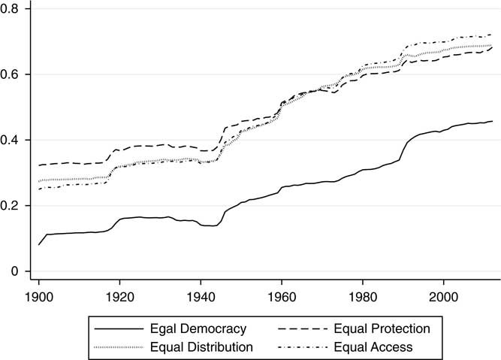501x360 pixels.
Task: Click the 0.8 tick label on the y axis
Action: [x=13, y=9]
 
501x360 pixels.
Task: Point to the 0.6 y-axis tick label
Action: [x=13, y=74]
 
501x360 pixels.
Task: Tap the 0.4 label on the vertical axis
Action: [x=13, y=141]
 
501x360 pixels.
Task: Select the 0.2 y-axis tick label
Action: [x=13, y=206]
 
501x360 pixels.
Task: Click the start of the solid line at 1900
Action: [x=39, y=245]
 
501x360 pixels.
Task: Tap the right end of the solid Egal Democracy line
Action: [x=493, y=122]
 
